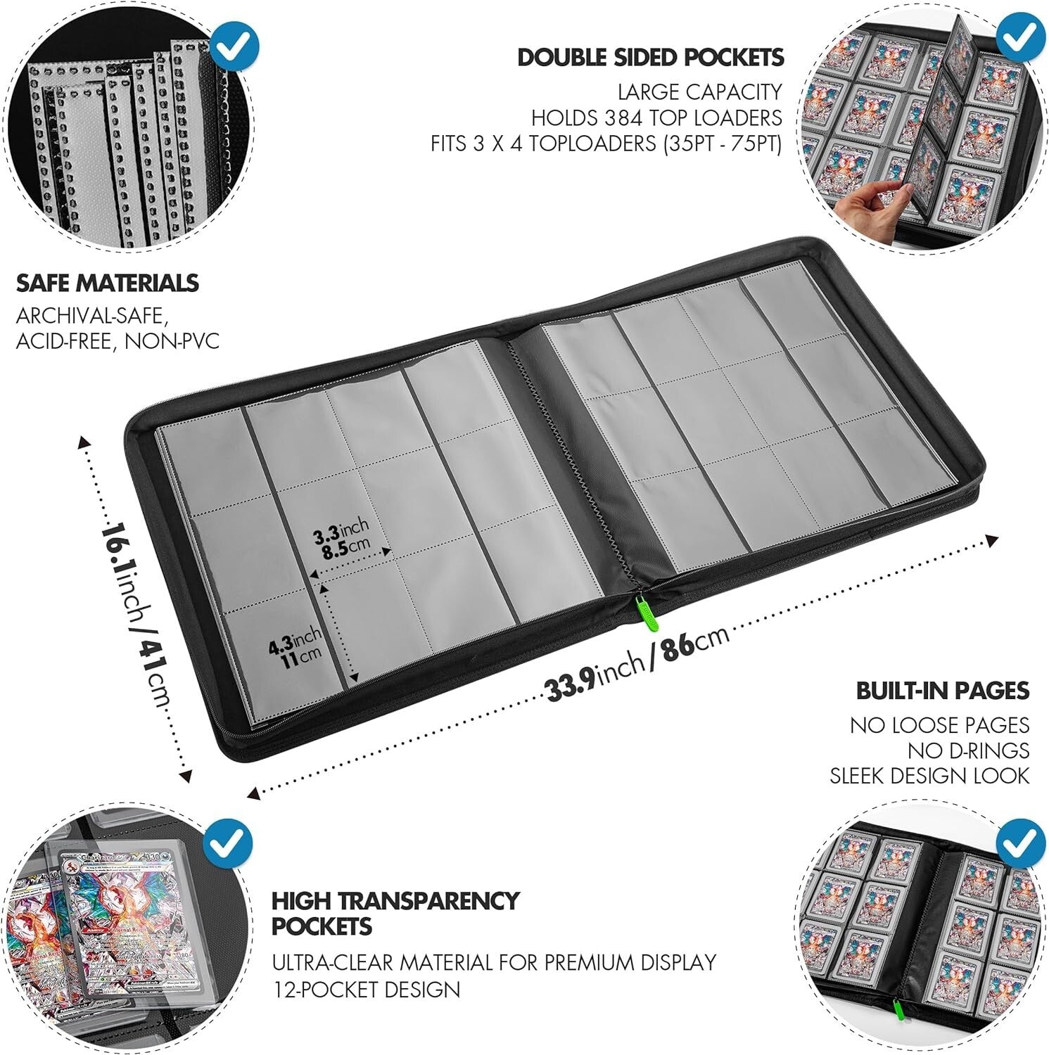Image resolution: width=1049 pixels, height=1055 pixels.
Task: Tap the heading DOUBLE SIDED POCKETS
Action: point(651,58)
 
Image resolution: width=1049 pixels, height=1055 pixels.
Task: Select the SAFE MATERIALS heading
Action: point(108,283)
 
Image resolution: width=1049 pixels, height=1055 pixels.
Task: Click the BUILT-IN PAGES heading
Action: point(942,691)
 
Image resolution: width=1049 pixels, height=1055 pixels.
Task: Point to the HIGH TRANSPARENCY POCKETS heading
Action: point(395,913)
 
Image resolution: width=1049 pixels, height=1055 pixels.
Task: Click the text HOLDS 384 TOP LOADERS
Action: point(656,117)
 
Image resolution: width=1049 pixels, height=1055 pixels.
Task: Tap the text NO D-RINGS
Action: point(968,750)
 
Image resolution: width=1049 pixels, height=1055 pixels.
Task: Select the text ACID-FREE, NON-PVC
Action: point(117,341)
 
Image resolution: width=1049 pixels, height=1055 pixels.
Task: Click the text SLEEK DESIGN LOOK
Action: point(929,776)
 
